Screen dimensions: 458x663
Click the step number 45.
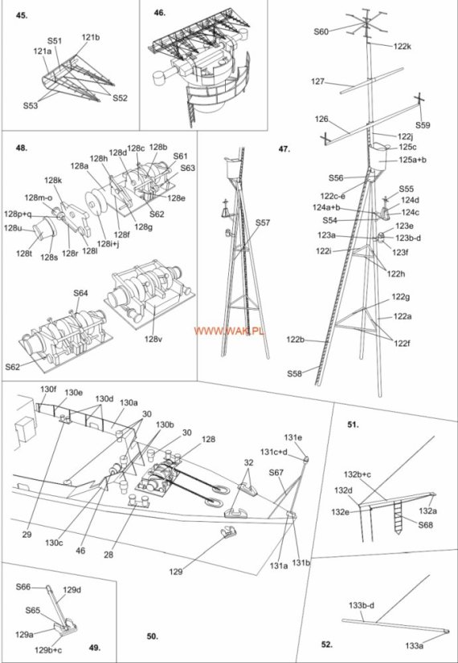tap(22, 15)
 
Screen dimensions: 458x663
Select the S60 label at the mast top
tap(321, 31)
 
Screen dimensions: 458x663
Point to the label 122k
tap(402, 47)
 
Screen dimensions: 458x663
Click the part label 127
tap(317, 82)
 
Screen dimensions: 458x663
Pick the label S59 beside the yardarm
tap(423, 125)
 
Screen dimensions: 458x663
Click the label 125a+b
tap(412, 161)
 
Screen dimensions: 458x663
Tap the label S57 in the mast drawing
tap(263, 223)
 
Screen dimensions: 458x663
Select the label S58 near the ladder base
tap(295, 373)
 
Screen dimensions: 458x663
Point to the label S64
tap(81, 293)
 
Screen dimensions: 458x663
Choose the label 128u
tap(13, 228)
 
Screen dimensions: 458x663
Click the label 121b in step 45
tap(91, 38)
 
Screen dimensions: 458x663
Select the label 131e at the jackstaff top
tap(293, 437)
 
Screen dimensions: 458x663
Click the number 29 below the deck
tap(27, 534)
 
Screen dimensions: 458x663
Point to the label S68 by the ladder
tap(426, 526)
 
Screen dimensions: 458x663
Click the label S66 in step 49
tap(24, 587)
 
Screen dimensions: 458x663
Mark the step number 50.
tap(152, 636)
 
